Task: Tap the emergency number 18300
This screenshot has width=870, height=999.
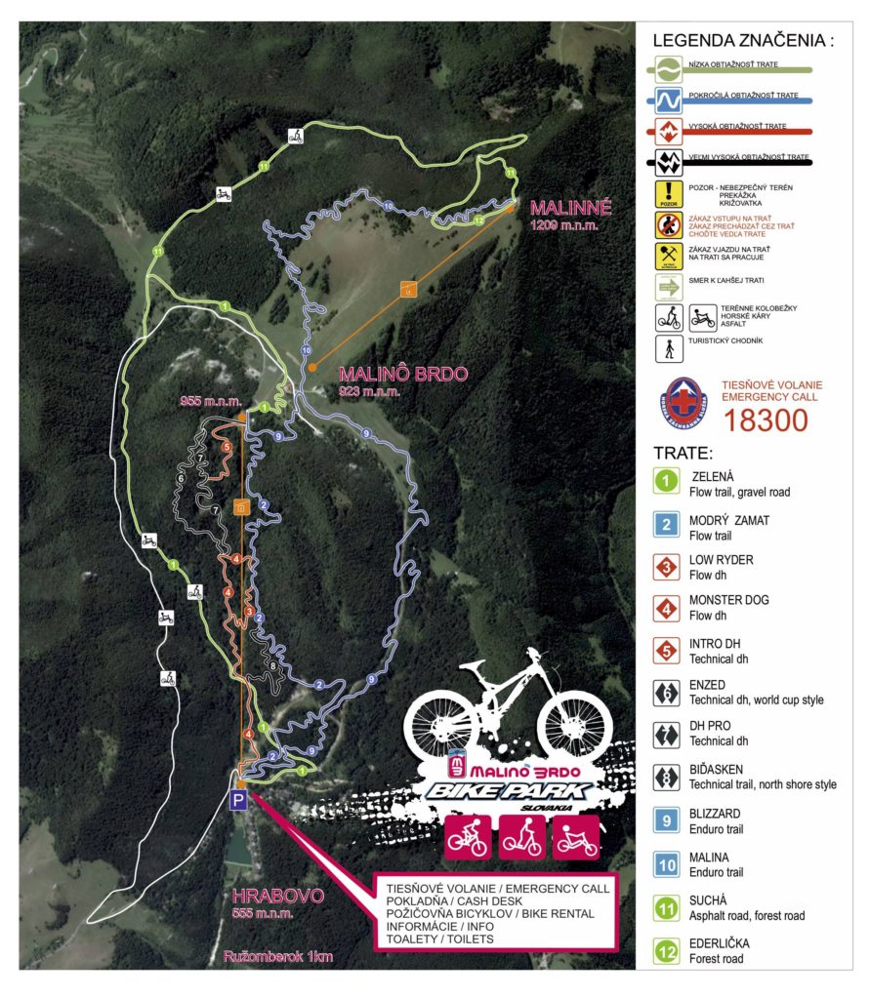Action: (766, 420)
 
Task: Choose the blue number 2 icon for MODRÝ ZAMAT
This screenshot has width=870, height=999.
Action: (666, 525)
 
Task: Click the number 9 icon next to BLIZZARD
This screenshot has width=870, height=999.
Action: (666, 819)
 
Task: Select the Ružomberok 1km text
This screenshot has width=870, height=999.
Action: (278, 957)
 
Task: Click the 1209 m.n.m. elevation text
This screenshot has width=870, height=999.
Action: (563, 226)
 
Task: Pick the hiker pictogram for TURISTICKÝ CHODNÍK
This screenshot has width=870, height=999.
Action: (667, 348)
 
